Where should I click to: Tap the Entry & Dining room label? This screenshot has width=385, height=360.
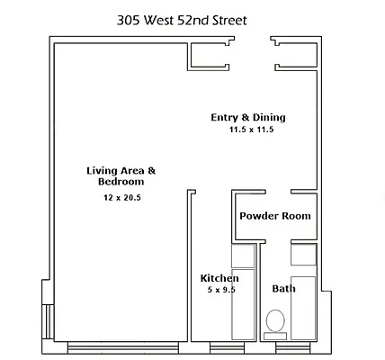[x=247, y=117]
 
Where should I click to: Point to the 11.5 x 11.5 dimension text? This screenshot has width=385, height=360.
[x=250, y=130]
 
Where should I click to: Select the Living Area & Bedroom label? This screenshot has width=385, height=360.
[x=121, y=175]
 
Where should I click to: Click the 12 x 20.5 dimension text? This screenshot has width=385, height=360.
[x=121, y=196]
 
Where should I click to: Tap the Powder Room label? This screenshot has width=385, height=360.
[x=274, y=216]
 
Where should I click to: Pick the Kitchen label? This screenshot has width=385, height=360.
[x=219, y=278]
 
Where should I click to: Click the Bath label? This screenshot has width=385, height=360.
[x=283, y=289]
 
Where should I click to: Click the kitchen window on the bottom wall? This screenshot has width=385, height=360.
[x=222, y=346]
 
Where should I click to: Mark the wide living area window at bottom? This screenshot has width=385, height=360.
[x=118, y=346]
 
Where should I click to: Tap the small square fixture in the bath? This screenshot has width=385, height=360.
[x=303, y=256]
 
